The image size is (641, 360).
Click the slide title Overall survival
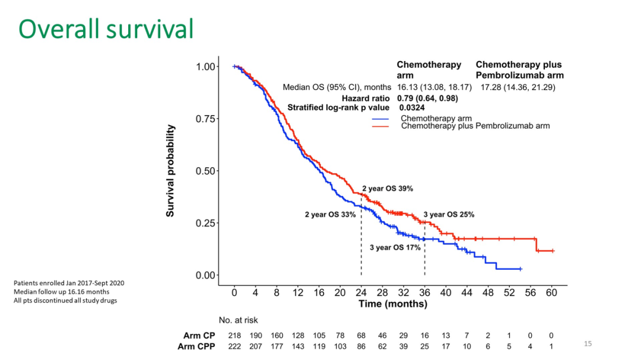106,29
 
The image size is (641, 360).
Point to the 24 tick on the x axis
361,293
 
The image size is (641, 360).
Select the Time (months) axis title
392,304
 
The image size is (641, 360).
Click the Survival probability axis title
170,171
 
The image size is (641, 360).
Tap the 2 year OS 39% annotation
388,189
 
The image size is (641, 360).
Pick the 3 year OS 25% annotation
449,215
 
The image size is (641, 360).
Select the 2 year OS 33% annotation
330,215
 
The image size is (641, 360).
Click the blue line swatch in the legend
380,119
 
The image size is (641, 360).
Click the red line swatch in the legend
380,126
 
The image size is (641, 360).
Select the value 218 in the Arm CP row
234,336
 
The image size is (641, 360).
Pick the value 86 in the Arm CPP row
361,346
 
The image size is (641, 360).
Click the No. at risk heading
238,320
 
